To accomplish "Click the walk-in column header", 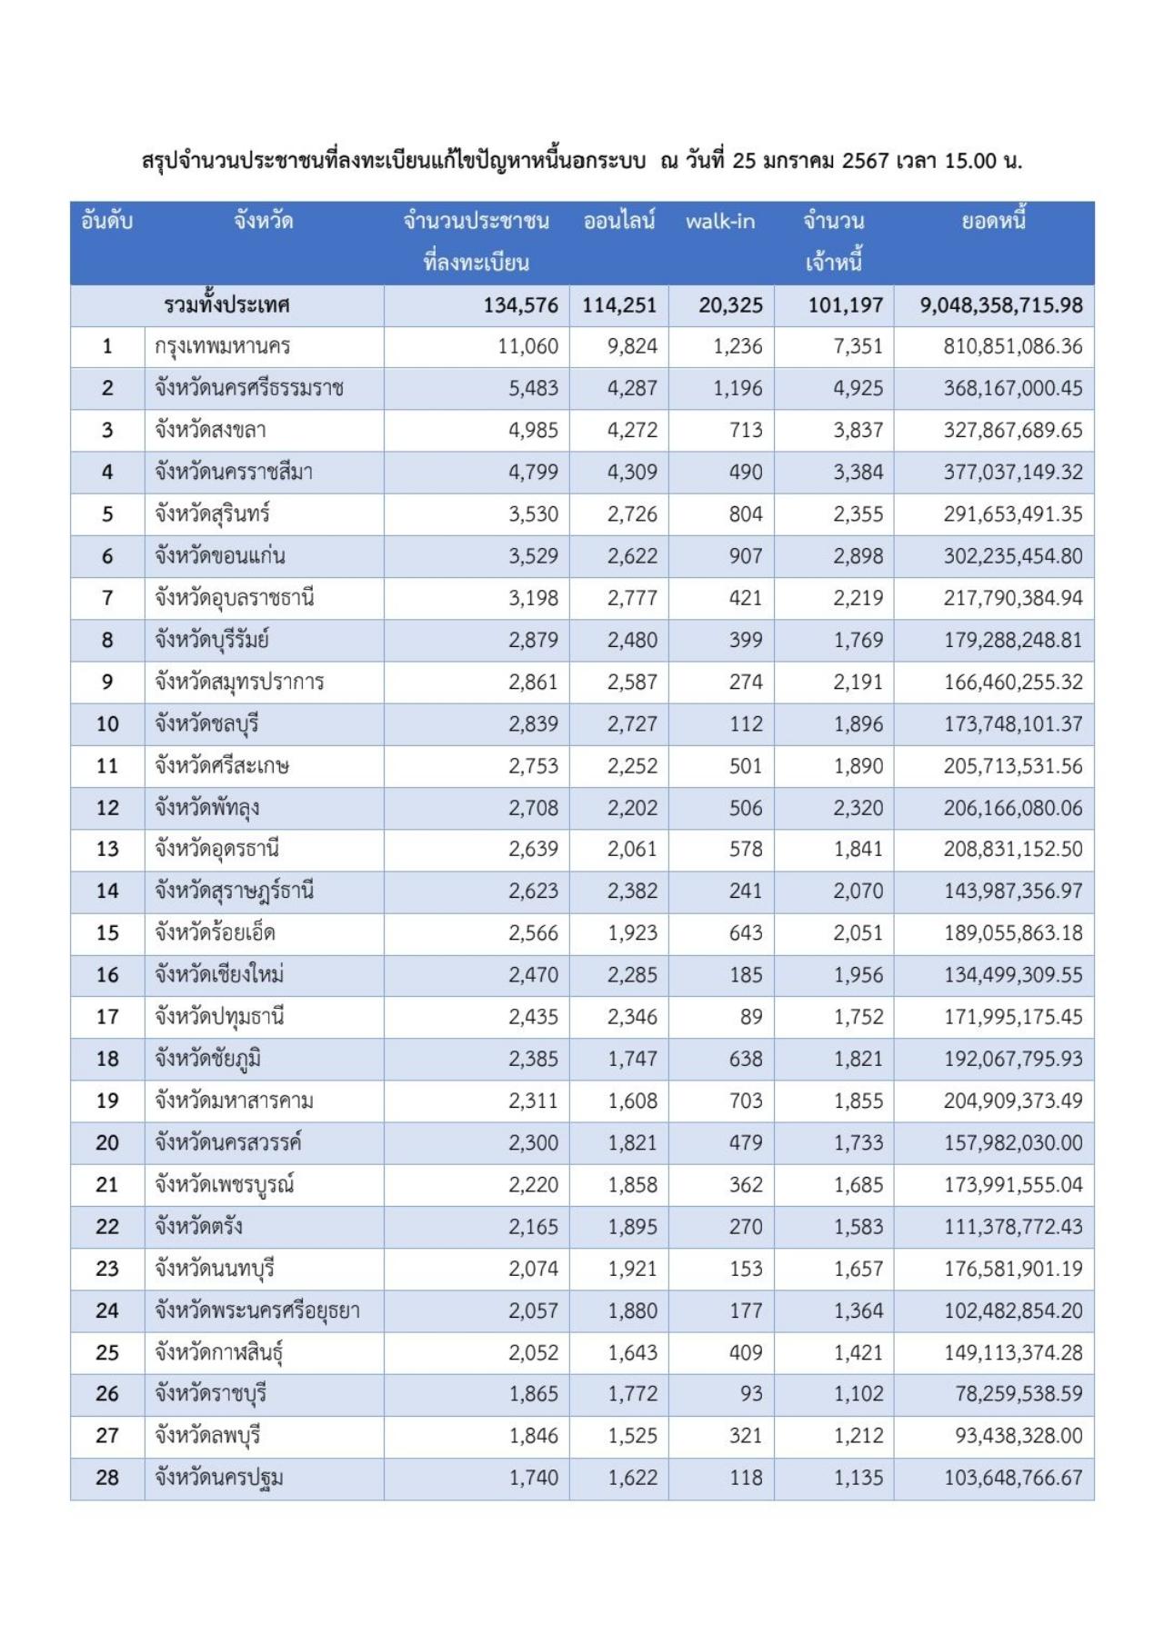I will pos(720,222).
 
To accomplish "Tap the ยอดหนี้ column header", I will pos(993,222).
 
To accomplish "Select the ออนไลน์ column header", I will pos(619,222).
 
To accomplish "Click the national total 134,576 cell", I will pos(520,305).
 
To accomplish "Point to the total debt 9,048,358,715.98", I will pos(1001,305).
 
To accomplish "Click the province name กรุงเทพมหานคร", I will pos(223,347).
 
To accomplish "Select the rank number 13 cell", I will pos(107,850).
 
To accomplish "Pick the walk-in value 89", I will pos(750,1017).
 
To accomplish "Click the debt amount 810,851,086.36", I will pos(1013,347).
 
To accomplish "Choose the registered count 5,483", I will pos(533,389).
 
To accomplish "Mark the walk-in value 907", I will pos(745,556).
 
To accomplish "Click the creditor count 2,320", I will pos(858,808).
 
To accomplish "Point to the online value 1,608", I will pos(632,1101).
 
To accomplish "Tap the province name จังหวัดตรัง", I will pos(198,1227).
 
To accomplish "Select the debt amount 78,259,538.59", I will pos(1018,1394).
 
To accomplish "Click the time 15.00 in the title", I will pos(970,162).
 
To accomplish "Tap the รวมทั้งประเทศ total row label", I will pos(227,305).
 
